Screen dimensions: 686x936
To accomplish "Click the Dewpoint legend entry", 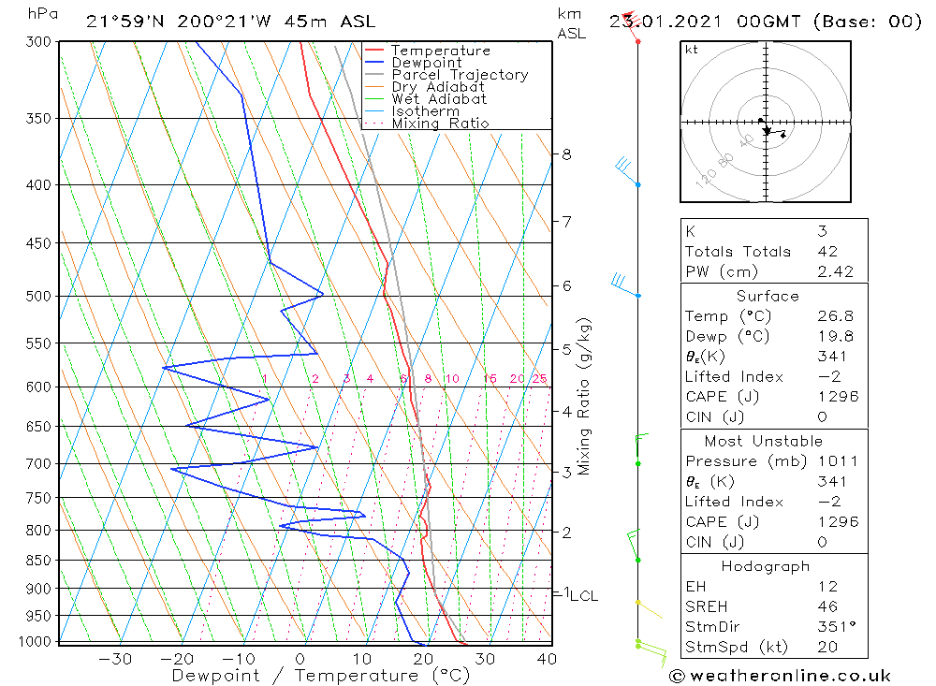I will (426, 63).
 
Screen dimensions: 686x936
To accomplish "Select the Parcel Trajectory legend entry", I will (459, 75).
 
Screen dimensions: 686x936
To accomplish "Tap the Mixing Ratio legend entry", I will (440, 124).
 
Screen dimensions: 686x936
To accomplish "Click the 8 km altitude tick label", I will (566, 153).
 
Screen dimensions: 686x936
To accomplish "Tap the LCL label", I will (583, 595).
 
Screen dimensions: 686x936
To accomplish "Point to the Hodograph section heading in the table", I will (766, 566).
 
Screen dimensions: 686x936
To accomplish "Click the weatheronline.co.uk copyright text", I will (779, 676).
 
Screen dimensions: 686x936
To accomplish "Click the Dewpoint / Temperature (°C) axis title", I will (320, 676).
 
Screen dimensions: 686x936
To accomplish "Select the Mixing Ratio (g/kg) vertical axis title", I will (584, 396).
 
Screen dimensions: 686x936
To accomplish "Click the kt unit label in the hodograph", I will (692, 50).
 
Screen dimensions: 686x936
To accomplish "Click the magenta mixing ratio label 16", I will (490, 379).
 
